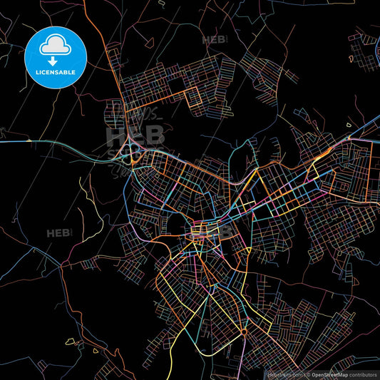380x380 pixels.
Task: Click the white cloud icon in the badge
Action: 54,45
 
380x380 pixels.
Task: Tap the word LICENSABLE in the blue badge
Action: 54,72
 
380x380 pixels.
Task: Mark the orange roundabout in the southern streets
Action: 245,332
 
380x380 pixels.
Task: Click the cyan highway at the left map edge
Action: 9,142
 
